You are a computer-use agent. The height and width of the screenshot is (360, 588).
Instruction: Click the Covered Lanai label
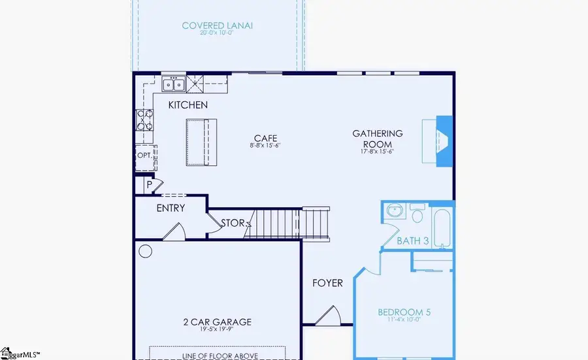coord(218,26)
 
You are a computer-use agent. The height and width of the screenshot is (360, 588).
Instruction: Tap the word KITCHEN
coord(188,105)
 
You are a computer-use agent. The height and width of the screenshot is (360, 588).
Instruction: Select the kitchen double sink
coord(174,84)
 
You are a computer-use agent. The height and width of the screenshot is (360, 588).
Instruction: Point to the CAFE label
coord(266,139)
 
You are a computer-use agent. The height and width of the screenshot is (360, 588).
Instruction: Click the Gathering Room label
coord(378,139)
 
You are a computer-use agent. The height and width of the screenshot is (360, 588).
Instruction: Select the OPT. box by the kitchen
coord(144,155)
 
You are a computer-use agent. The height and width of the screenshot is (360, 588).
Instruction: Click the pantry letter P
coord(149,184)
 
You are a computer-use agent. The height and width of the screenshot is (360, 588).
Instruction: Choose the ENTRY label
coord(171,208)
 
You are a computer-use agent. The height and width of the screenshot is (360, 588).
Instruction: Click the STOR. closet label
coord(233,223)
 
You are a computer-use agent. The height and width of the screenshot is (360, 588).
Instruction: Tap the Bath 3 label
coord(413,241)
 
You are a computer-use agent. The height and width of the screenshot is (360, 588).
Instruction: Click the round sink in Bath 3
coord(394,212)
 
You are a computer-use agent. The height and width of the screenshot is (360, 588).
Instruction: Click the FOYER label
coord(327,283)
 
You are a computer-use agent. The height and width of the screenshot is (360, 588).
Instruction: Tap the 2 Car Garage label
coord(217,322)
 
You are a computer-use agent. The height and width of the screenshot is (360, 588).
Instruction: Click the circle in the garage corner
coord(145,250)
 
